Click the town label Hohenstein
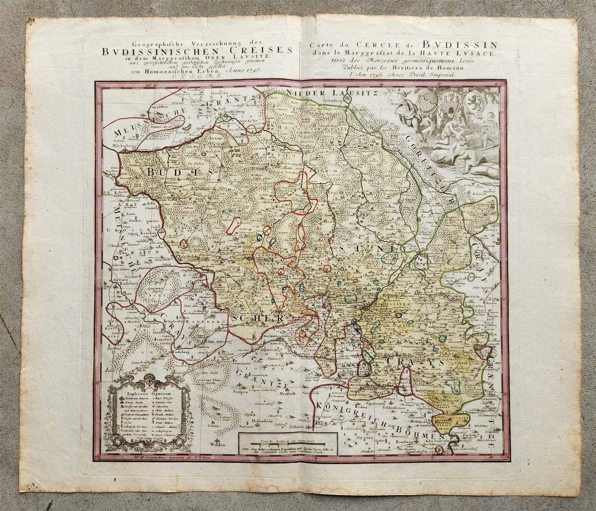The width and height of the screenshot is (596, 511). coord(256,422)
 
